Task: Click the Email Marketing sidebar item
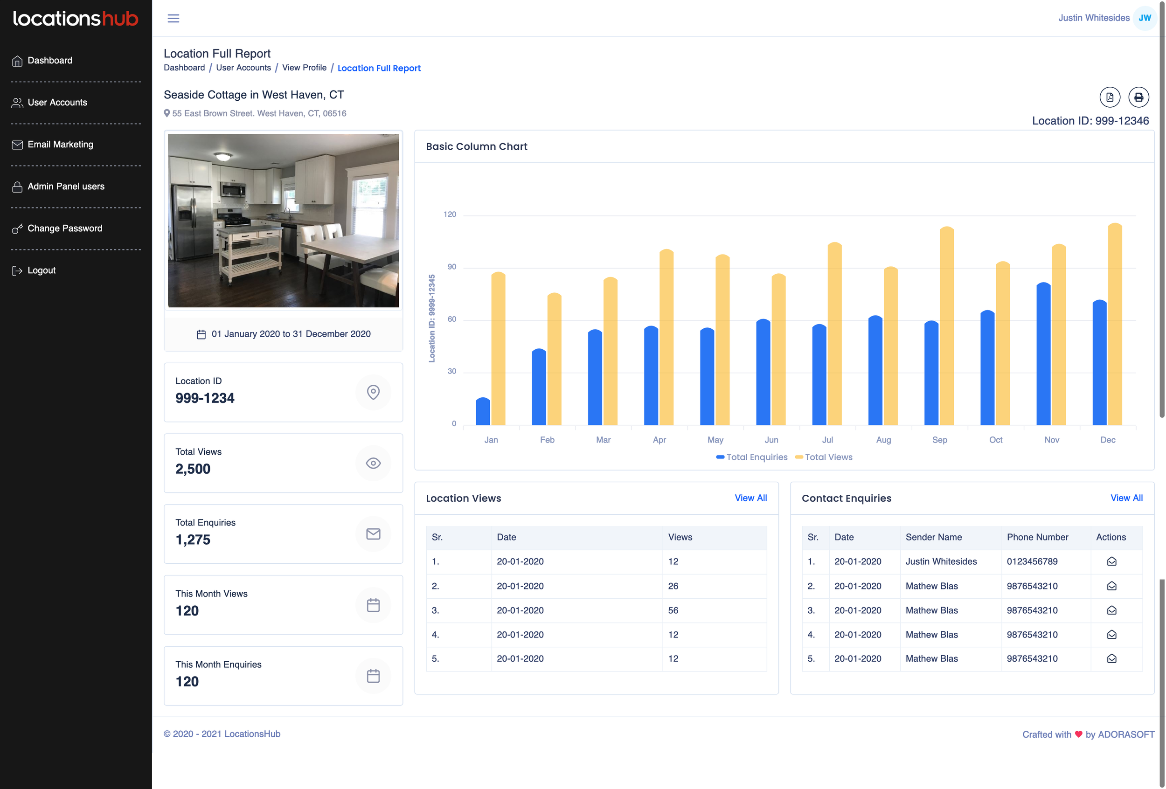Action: point(60,145)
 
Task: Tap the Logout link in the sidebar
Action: point(41,270)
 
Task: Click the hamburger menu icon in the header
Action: point(173,19)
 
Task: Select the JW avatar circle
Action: point(1145,18)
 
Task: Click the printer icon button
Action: point(1138,97)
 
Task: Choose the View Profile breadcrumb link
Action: point(304,68)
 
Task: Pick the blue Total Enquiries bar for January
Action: point(483,411)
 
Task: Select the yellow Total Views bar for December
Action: point(1115,326)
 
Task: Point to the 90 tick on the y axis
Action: point(451,267)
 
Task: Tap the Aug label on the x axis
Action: point(883,440)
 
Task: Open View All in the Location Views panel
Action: point(750,498)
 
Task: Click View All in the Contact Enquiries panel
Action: point(1126,498)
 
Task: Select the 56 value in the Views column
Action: point(673,610)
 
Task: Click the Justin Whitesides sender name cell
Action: point(941,561)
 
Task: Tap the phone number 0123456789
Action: point(1032,561)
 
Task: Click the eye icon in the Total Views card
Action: point(373,463)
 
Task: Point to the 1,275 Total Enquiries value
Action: point(193,540)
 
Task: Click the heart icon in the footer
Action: point(1078,734)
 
